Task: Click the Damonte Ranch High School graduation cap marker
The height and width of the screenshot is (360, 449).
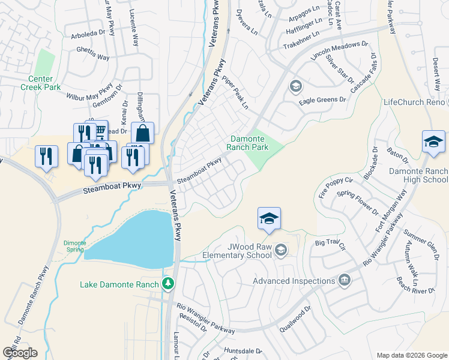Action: coord(433,142)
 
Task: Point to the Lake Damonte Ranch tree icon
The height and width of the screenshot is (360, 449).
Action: coord(170,283)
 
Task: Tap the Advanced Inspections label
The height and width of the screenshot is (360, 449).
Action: coord(294,281)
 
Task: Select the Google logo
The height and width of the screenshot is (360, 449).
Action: coord(20,353)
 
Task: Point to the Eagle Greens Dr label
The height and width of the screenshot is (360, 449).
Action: coord(323,100)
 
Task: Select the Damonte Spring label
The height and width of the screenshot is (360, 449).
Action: coord(74,246)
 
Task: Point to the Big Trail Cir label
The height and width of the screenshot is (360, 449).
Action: coord(331,244)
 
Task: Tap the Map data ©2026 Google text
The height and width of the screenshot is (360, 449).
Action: coord(411,355)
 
